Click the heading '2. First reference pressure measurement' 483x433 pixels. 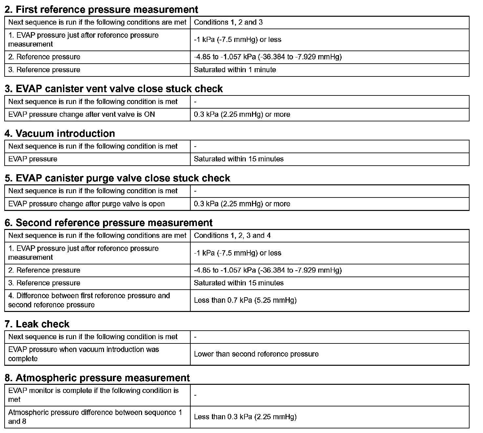click(101, 10)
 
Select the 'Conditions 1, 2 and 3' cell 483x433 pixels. click(228, 22)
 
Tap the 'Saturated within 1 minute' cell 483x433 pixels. click(235, 70)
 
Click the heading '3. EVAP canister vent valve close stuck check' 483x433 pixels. click(114, 89)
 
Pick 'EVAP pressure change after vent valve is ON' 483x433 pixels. click(81, 114)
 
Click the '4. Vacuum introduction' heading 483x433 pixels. click(60, 133)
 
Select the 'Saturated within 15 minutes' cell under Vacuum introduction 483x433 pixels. click(239, 159)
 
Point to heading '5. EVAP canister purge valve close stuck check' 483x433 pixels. click(117, 178)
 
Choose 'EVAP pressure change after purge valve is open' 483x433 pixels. click(86, 204)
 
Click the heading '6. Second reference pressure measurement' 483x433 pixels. click(108, 223)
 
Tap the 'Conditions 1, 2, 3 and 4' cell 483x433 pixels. click(232, 236)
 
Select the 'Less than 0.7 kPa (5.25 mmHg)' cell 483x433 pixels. click(245, 300)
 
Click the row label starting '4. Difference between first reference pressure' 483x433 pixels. click(89, 300)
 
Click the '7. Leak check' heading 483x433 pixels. click(37, 324)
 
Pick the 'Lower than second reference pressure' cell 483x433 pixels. click(256, 354)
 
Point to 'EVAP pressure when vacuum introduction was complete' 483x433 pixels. click(83, 354)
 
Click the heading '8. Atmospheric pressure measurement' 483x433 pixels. click(97, 378)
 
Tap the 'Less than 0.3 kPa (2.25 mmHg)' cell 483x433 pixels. click(245, 417)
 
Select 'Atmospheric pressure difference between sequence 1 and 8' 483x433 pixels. click(95, 417)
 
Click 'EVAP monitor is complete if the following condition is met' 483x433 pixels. click(93, 395)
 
